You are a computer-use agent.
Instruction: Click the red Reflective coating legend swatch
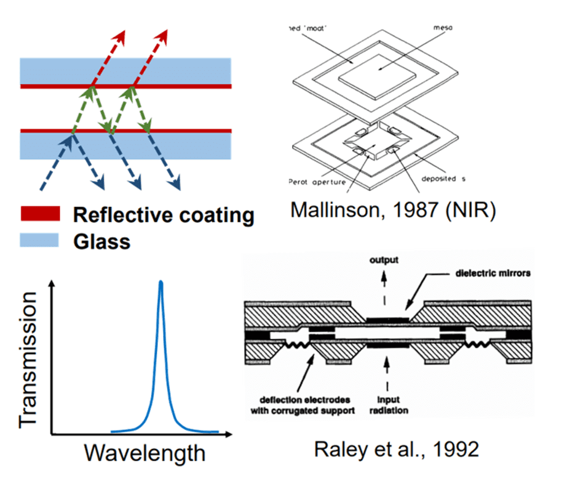(x=39, y=214)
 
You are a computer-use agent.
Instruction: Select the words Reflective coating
(x=163, y=215)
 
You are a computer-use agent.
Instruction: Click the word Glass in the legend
(x=101, y=241)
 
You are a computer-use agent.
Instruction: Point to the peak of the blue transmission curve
(x=161, y=283)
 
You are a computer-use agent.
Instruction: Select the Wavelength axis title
(x=144, y=454)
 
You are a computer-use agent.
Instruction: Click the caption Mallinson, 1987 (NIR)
(x=393, y=210)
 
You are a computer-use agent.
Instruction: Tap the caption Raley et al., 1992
(x=397, y=449)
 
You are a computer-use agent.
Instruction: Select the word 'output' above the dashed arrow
(x=384, y=260)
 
